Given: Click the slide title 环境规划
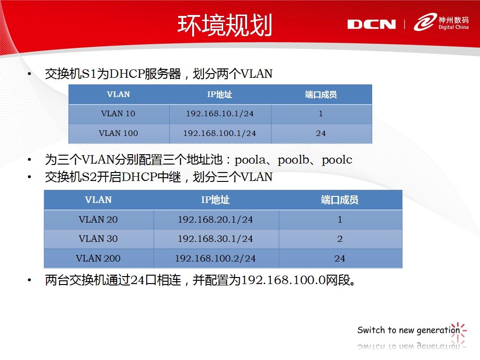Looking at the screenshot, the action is pyautogui.click(x=225, y=25).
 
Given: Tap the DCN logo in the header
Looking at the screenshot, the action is pyautogui.click(x=371, y=24).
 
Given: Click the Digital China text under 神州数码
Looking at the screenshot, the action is pyautogui.click(x=453, y=27).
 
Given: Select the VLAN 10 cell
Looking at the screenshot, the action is pyautogui.click(x=118, y=113).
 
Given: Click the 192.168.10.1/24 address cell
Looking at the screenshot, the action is pyautogui.click(x=220, y=113).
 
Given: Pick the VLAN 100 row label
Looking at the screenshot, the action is pyautogui.click(x=118, y=133).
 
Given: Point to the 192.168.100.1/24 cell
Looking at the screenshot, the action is pyautogui.click(x=219, y=133).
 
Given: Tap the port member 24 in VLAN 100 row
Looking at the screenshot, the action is pyautogui.click(x=321, y=133).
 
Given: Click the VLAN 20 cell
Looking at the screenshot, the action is pyautogui.click(x=98, y=219).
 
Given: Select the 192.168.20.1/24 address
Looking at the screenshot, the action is pyautogui.click(x=215, y=219).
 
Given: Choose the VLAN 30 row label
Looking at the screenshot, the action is pyautogui.click(x=98, y=239).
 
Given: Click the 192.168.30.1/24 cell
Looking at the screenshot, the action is pyautogui.click(x=215, y=239).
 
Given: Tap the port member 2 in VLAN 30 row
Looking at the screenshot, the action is pyautogui.click(x=340, y=239).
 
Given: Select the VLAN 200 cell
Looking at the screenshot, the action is pyautogui.click(x=98, y=258).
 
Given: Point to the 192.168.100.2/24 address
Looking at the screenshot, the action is pyautogui.click(x=215, y=258).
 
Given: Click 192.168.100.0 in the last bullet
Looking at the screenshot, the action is pyautogui.click(x=283, y=280).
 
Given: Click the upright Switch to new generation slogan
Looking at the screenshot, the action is pyautogui.click(x=409, y=330).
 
